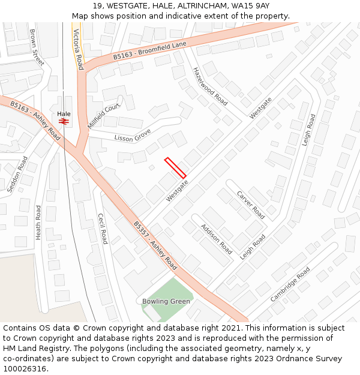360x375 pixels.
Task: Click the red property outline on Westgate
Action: [x=175, y=167]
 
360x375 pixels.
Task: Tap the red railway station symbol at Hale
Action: [x=64, y=121]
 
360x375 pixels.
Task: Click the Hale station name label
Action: [x=64, y=113]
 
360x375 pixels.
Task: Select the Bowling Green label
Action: [x=166, y=301]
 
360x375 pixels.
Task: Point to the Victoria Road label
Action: [x=77, y=49]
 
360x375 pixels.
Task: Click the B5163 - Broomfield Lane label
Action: [x=150, y=50]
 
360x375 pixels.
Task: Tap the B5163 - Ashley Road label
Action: [x=35, y=121]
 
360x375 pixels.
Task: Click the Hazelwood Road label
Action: [x=210, y=86]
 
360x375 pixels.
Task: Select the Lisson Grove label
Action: [x=133, y=136]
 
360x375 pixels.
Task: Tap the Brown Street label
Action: [x=37, y=47]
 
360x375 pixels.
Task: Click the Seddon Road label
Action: [x=17, y=174]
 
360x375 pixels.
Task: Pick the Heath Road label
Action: [x=38, y=223]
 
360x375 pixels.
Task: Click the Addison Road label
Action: [x=216, y=239]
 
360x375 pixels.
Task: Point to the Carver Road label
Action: [x=250, y=205]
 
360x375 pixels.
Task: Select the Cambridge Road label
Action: [x=290, y=284]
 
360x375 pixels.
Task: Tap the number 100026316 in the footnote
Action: [x=25, y=369]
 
